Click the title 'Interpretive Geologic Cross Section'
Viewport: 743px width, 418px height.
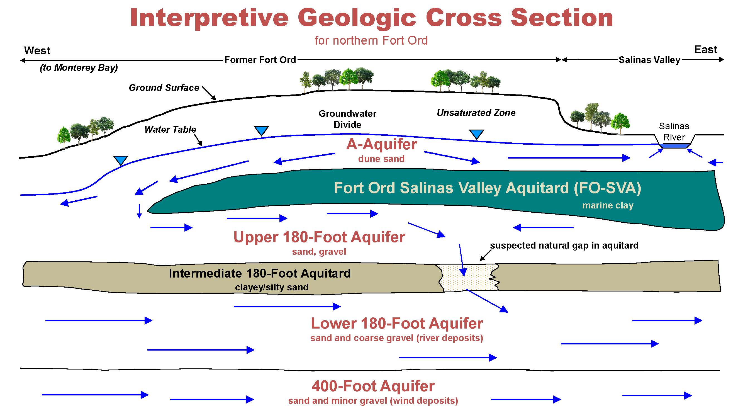(x=372, y=18)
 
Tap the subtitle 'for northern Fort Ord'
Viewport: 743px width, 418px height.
(x=371, y=40)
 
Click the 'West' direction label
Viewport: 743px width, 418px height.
(x=37, y=51)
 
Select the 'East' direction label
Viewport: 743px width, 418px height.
(x=705, y=50)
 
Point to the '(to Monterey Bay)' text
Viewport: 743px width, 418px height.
(x=79, y=67)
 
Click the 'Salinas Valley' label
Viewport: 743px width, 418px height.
(x=650, y=60)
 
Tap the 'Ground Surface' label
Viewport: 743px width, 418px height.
(x=164, y=88)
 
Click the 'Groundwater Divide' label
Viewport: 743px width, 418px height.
(x=347, y=119)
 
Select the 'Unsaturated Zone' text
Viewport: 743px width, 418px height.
(x=476, y=113)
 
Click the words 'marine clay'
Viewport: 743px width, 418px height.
(x=608, y=205)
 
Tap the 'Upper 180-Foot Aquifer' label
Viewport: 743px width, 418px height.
(x=319, y=237)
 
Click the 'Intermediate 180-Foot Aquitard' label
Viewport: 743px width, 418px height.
(x=260, y=273)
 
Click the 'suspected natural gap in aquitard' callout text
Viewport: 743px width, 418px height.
(x=564, y=245)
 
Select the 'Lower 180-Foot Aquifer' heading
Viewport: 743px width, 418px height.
(x=397, y=323)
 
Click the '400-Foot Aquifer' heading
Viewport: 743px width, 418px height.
(x=373, y=386)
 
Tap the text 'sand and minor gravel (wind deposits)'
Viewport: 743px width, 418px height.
(x=373, y=401)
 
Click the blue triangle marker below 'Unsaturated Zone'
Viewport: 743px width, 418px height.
(x=476, y=134)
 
